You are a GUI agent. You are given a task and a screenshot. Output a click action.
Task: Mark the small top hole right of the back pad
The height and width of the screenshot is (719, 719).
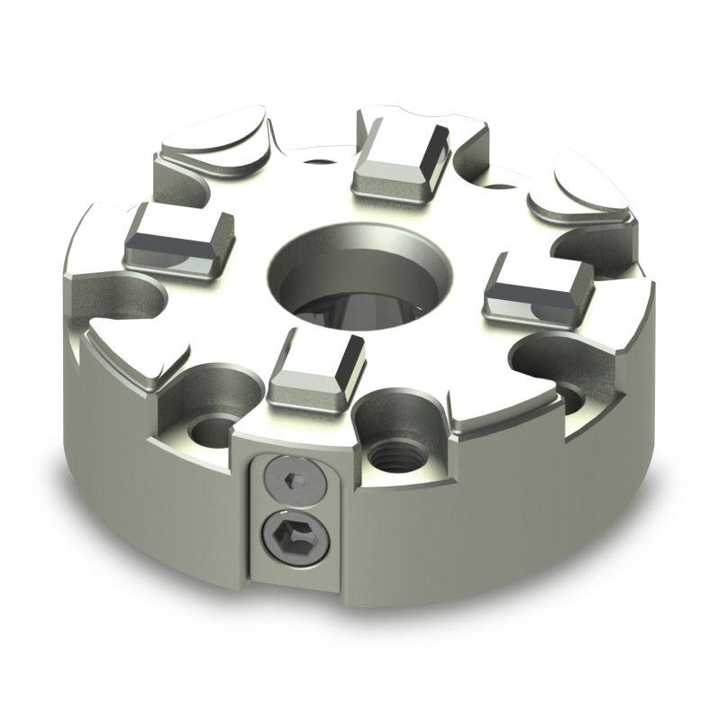(x=496, y=189)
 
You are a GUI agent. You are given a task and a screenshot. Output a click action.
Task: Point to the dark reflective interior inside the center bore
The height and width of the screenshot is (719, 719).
(x=365, y=311)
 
